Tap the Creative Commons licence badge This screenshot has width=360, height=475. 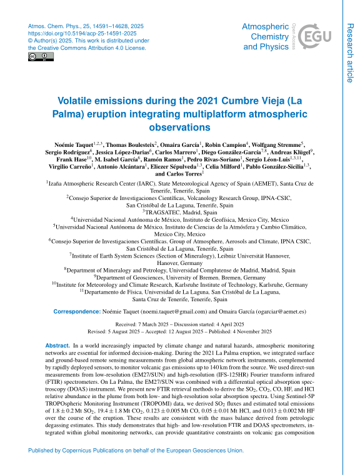point(41,57)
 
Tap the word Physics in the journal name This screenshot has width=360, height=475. point(273,46)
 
